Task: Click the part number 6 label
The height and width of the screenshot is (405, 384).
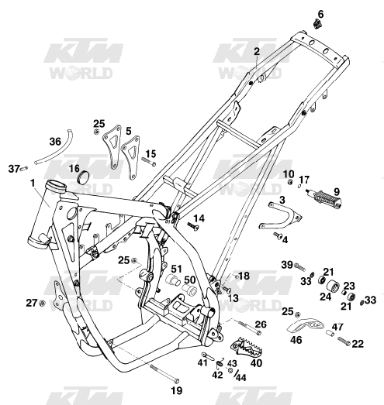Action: tap(320, 14)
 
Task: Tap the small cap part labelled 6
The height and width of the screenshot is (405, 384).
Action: tap(317, 24)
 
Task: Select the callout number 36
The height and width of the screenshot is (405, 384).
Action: tap(55, 142)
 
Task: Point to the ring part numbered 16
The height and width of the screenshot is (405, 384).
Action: tap(84, 177)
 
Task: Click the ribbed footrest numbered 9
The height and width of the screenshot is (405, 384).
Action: tap(325, 198)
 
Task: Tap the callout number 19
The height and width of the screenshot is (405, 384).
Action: tap(177, 390)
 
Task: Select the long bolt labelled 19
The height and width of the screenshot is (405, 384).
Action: tap(164, 372)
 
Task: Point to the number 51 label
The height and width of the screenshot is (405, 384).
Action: tap(176, 269)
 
